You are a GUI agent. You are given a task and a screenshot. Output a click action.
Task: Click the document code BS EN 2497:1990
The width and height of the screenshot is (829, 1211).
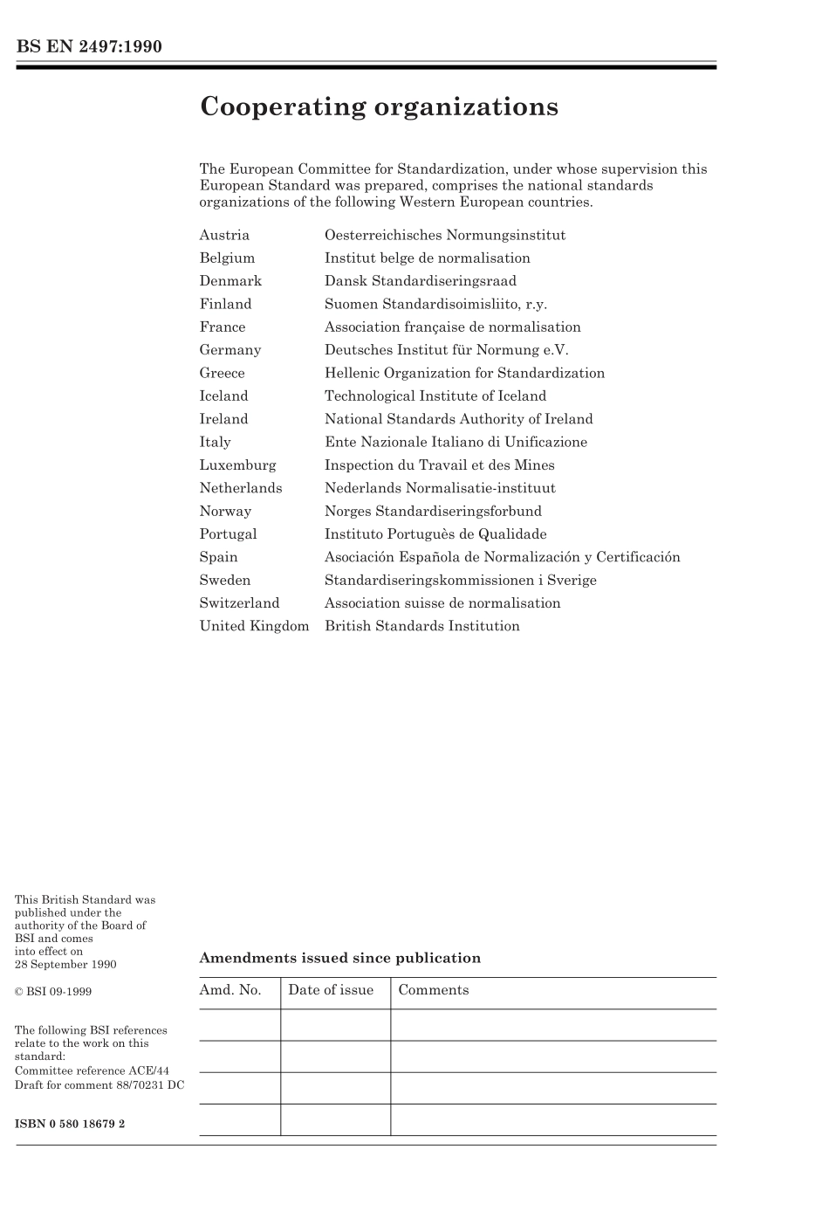(x=89, y=46)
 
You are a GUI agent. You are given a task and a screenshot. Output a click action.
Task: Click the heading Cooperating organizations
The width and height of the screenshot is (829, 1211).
(x=379, y=107)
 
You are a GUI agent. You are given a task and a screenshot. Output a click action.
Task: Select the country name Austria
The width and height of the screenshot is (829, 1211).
(x=224, y=235)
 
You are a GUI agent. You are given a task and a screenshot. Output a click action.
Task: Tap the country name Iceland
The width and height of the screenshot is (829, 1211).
(x=223, y=396)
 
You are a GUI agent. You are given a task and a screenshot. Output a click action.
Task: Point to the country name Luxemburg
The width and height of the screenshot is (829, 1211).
(x=237, y=465)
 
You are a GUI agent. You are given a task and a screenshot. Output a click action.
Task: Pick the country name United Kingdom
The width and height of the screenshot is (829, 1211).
(x=254, y=626)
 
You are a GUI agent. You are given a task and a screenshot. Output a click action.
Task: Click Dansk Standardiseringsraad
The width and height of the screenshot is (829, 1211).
(x=421, y=281)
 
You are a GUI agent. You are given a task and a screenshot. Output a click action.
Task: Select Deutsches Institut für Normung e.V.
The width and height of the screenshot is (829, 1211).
(x=446, y=350)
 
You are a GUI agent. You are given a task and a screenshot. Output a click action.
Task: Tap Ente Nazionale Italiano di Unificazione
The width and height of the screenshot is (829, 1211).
(x=456, y=442)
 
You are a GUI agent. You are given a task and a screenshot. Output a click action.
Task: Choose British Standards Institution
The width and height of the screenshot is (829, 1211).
(x=422, y=626)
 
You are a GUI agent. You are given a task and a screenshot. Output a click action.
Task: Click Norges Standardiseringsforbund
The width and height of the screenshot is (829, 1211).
(x=433, y=512)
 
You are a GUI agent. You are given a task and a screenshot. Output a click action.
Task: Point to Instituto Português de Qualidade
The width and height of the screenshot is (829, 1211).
(x=435, y=534)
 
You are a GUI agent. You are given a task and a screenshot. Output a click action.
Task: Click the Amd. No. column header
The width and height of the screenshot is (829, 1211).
(x=230, y=990)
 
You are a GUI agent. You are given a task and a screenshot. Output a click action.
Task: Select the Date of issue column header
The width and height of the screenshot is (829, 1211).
(x=331, y=990)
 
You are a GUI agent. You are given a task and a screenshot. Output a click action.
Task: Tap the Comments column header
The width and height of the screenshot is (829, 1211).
(x=434, y=990)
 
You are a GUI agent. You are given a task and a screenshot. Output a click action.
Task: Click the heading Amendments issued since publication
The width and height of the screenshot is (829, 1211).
(x=340, y=958)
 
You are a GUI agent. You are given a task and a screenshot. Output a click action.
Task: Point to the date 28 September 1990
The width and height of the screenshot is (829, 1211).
(x=65, y=965)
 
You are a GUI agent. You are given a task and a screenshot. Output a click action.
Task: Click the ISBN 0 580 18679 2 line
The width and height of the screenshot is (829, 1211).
(x=70, y=1124)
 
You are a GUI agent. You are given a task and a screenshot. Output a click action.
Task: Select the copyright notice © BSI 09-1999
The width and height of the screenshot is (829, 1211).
(x=53, y=992)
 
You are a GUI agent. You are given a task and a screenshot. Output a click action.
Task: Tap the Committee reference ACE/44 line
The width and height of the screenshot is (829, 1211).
(x=92, y=1070)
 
